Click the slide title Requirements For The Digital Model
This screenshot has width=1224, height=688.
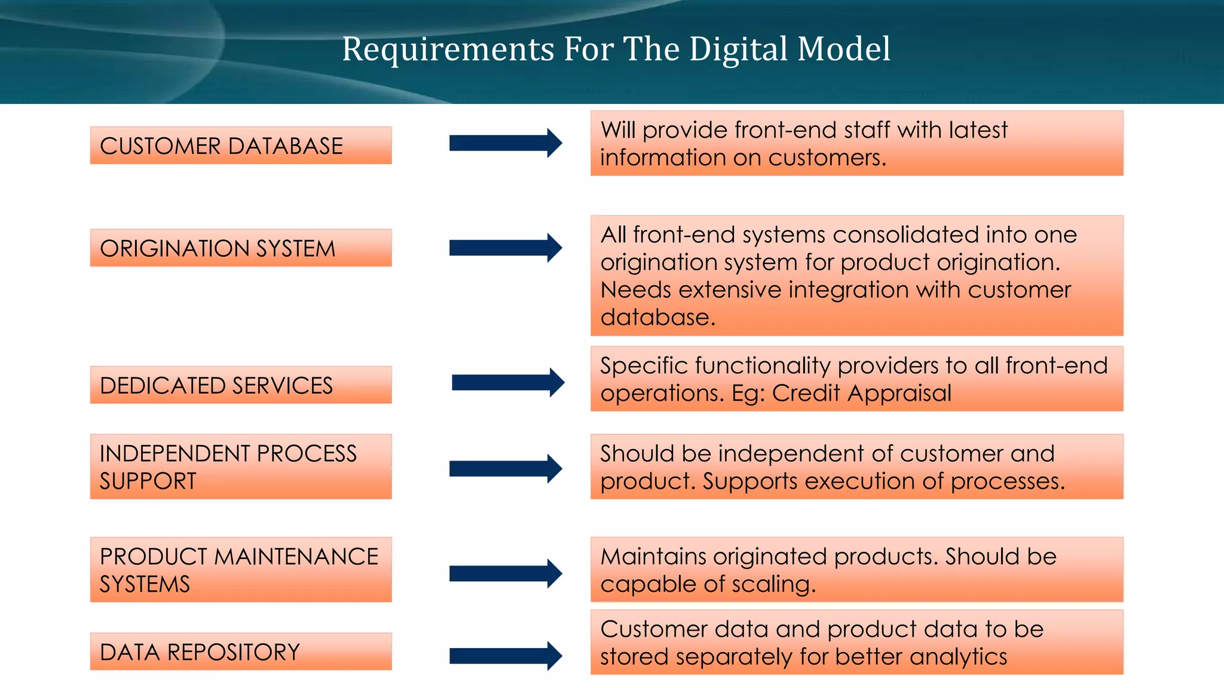pyautogui.click(x=616, y=49)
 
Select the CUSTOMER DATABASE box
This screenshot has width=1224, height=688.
pyautogui.click(x=241, y=145)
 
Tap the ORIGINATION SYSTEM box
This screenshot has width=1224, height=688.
pyautogui.click(x=241, y=248)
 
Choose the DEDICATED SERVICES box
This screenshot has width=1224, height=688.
pyautogui.click(x=241, y=385)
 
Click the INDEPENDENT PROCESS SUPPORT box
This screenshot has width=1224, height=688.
pyautogui.click(x=241, y=466)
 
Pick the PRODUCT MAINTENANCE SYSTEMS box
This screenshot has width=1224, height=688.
pyautogui.click(x=241, y=569)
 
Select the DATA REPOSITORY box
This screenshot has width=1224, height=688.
pyautogui.click(x=241, y=652)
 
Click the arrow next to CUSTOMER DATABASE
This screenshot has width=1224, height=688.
pyautogui.click(x=506, y=143)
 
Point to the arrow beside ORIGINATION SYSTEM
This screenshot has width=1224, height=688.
pyautogui.click(x=506, y=248)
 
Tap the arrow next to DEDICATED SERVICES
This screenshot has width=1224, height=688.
pyautogui.click(x=508, y=383)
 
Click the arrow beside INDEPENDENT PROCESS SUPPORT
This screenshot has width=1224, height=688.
pyautogui.click(x=506, y=469)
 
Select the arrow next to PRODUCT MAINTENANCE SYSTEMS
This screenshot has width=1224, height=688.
pyautogui.click(x=506, y=574)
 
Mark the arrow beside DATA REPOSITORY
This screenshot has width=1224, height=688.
pyautogui.click(x=506, y=656)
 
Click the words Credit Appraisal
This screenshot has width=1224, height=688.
pyautogui.click(x=861, y=394)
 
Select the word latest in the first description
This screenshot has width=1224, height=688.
pyautogui.click(x=977, y=130)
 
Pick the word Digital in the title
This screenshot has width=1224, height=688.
pyautogui.click(x=739, y=49)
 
